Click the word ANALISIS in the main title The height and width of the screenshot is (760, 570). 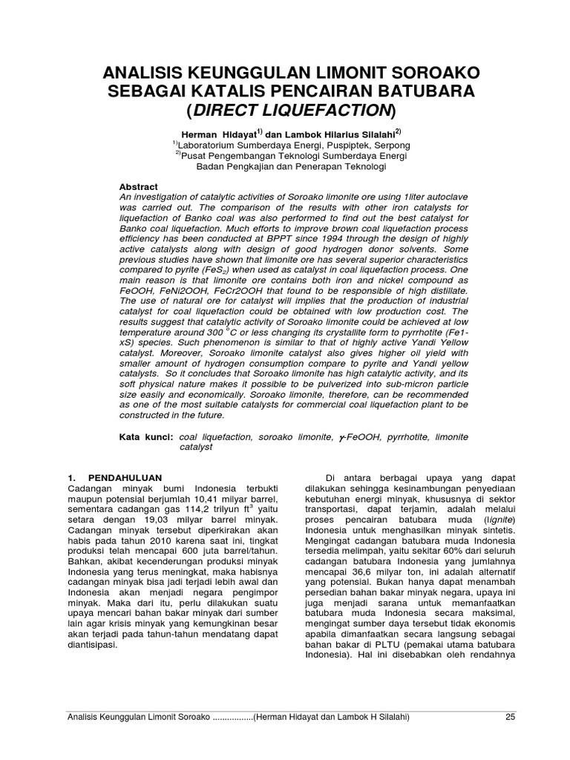(x=142, y=73)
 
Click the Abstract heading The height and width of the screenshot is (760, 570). (x=139, y=186)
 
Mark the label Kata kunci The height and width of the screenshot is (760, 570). (x=146, y=437)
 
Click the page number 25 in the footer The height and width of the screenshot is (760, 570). (x=509, y=717)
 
